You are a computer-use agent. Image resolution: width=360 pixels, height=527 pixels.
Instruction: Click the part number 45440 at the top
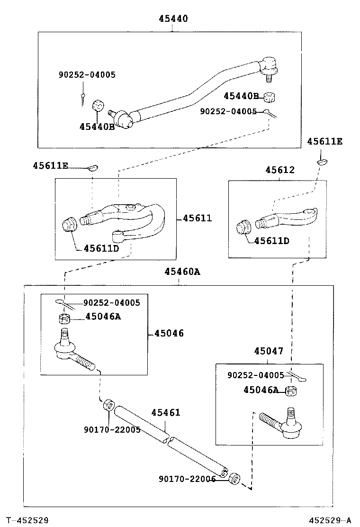pyautogui.click(x=173, y=19)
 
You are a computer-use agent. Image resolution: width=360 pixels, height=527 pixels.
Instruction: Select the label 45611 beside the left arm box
pyautogui.click(x=197, y=218)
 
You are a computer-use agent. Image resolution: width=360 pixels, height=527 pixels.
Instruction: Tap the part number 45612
pyautogui.click(x=279, y=170)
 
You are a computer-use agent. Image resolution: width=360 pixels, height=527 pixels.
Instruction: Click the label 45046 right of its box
pyautogui.click(x=169, y=334)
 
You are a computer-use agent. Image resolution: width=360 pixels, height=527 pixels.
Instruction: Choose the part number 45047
pyautogui.click(x=269, y=351)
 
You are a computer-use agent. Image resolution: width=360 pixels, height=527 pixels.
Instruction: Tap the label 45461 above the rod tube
pyautogui.click(x=166, y=413)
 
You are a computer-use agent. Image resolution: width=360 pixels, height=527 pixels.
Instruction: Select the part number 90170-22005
pyautogui.click(x=112, y=429)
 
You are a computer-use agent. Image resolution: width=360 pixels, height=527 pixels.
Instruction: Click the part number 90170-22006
pyautogui.click(x=187, y=479)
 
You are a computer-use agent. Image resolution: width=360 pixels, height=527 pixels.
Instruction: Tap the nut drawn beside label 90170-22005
pyautogui.click(x=108, y=406)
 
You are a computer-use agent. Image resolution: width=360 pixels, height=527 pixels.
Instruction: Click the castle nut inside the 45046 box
pyautogui.click(x=64, y=318)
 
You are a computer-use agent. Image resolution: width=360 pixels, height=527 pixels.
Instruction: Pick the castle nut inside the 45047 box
pyautogui.click(x=291, y=391)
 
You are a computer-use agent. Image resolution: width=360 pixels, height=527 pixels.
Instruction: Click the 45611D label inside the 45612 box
pyautogui.click(x=271, y=241)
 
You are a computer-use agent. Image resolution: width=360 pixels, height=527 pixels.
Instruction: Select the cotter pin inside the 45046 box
pyautogui.click(x=64, y=303)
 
